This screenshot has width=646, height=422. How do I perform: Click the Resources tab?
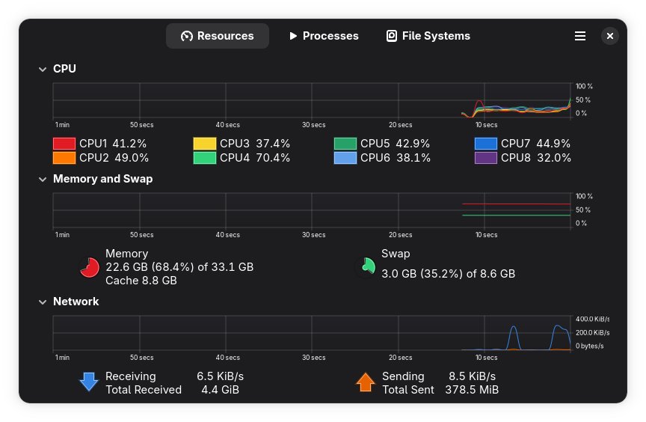217,36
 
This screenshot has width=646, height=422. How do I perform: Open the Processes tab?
323,36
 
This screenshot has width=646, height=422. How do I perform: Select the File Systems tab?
428,36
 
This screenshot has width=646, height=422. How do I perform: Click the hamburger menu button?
579,36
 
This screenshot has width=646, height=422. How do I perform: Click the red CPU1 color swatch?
64,144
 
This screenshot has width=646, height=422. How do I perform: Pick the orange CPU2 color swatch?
64,158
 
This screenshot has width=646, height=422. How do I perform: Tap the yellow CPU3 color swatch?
205,144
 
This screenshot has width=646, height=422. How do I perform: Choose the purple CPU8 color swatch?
486,158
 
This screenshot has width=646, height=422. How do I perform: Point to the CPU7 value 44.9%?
554,144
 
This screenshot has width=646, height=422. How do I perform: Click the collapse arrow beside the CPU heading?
43,69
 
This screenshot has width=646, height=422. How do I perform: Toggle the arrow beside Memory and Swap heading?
43,180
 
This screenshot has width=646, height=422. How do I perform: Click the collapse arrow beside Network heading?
43,302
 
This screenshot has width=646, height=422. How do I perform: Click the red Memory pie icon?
90,267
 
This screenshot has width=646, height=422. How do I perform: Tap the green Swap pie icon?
366,266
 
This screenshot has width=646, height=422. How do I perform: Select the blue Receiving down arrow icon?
89,382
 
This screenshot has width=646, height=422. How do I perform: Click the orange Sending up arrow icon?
365,382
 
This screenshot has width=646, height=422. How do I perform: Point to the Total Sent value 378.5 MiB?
472,390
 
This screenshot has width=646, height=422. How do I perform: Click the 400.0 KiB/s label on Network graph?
592,319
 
